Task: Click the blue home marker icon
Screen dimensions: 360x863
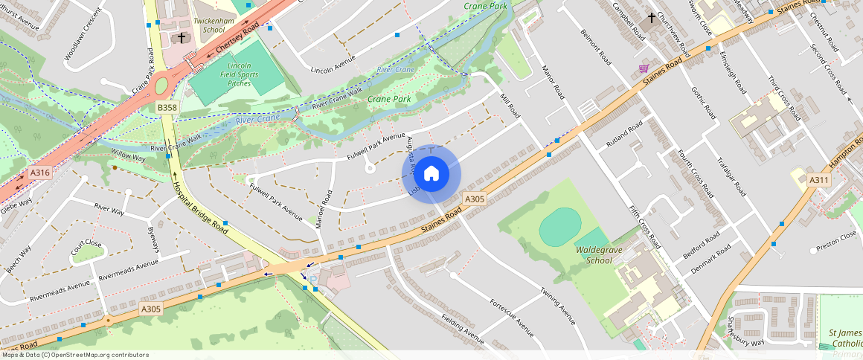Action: click(431, 174)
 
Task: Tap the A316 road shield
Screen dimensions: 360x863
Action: click(39, 173)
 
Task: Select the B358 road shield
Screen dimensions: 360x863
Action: click(167, 108)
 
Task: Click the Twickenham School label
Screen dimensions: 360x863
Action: click(208, 26)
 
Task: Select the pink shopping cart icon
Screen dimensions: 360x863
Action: click(643, 68)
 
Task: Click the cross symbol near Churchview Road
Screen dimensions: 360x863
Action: click(652, 17)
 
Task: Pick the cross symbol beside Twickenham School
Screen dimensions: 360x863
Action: click(181, 37)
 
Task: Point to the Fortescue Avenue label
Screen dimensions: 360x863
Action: click(512, 315)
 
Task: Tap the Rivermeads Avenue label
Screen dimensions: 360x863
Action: click(59, 286)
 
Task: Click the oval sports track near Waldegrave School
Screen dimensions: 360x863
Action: click(559, 227)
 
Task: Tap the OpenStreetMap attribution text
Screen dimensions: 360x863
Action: click(75, 355)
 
